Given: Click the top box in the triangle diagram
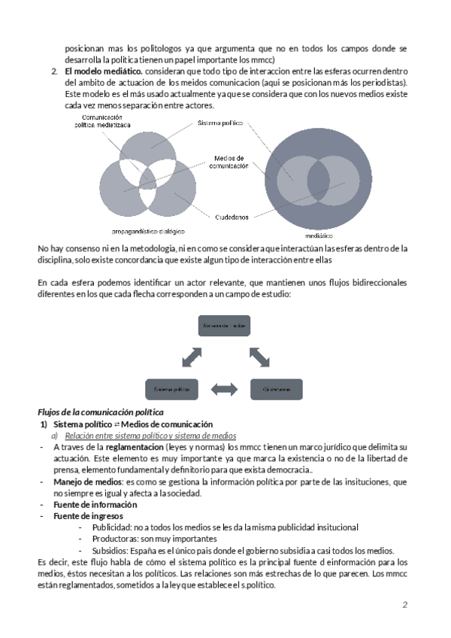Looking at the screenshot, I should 224,325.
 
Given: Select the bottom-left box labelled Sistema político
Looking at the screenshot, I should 171,389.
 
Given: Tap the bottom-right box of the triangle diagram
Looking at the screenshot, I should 276,389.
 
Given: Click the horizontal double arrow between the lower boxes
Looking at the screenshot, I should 224,389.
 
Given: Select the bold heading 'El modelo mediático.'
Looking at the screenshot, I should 100,71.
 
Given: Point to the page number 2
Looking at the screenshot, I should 404,604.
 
